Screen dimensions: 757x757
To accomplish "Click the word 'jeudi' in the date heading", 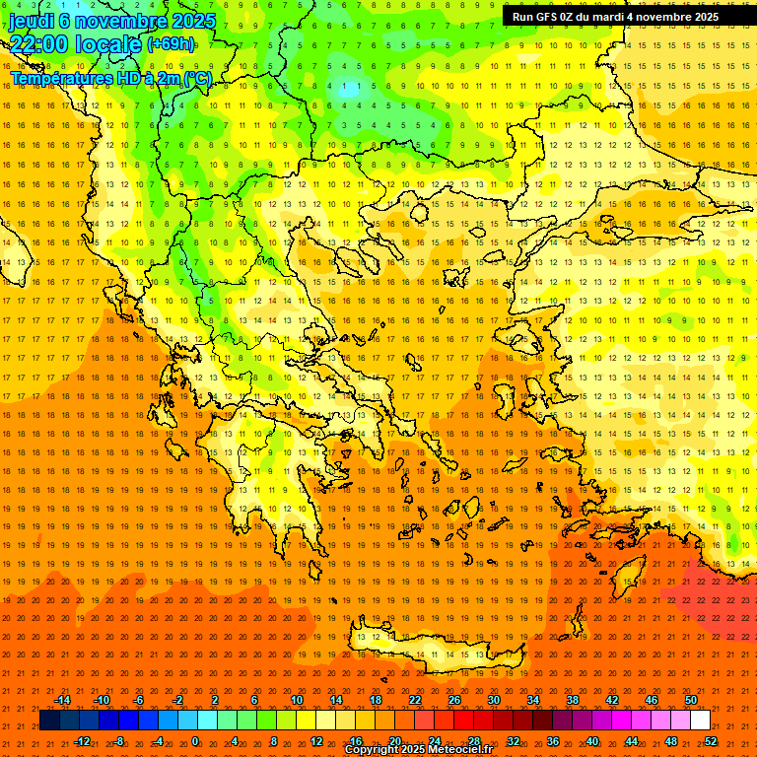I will pyautogui.click(x=32, y=20).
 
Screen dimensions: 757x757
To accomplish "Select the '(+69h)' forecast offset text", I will pyautogui.click(x=171, y=44).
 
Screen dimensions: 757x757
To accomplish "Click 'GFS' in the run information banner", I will pyautogui.click(x=546, y=17).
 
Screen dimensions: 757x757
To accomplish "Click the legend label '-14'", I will pyautogui.click(x=63, y=700).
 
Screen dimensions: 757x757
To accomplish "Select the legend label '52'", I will pyautogui.click(x=710, y=741).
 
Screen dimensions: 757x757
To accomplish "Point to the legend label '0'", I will pyautogui.click(x=195, y=741).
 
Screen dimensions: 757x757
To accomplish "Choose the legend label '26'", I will pyautogui.click(x=454, y=700).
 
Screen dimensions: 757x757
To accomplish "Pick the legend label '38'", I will pyautogui.click(x=572, y=700).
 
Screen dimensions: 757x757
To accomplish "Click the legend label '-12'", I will pyautogui.click(x=82, y=741).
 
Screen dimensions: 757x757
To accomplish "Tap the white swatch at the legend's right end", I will pyautogui.click(x=701, y=721).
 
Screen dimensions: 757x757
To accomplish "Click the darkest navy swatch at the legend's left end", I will pyautogui.click(x=49, y=721).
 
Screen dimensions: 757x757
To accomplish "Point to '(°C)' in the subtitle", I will pyautogui.click(x=197, y=78).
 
